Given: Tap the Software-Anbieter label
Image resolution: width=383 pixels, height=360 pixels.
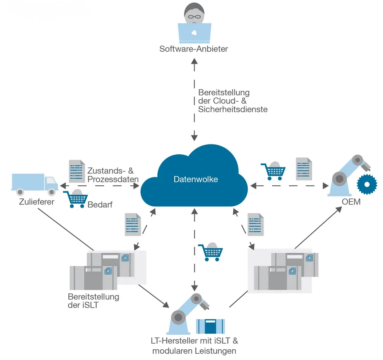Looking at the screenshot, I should [x=194, y=49].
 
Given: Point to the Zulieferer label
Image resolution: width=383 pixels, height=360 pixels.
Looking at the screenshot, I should [x=37, y=202].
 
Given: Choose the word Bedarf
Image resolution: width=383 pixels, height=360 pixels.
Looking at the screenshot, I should [x=100, y=204].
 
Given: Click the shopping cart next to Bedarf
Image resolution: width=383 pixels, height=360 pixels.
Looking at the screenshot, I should [x=76, y=200].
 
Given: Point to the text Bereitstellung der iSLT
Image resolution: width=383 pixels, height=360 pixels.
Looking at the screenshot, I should [x=93, y=301].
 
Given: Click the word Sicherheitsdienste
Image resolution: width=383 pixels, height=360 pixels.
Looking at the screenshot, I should [x=232, y=109].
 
